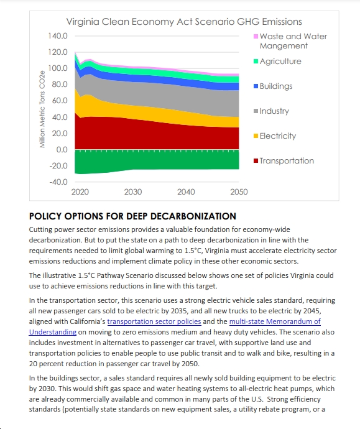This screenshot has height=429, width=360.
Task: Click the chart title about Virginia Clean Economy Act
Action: pyautogui.click(x=184, y=22)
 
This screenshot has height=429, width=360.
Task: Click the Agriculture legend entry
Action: pyautogui.click(x=277, y=62)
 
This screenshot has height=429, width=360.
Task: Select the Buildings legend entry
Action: pyautogui.click(x=273, y=86)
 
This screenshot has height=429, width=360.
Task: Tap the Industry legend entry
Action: pyautogui.click(x=271, y=111)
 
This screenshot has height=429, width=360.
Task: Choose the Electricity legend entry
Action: pyautogui.click(x=275, y=136)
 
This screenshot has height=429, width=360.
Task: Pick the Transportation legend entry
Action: pyautogui.click(x=284, y=160)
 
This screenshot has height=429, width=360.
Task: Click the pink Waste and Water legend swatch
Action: pyautogui.click(x=256, y=37)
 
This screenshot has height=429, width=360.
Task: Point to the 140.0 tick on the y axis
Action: pyautogui.click(x=58, y=36)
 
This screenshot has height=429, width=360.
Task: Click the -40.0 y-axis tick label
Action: pyautogui.click(x=58, y=182)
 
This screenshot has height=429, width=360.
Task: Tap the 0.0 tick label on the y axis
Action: pyautogui.click(x=62, y=150)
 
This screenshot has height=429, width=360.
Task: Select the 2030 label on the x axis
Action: pyautogui.click(x=133, y=191)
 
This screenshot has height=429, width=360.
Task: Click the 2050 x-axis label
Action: pyautogui.click(x=239, y=191)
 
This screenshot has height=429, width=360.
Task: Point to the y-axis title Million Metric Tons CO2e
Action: pyautogui.click(x=42, y=109)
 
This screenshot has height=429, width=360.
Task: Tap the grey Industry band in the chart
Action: pyautogui.click(x=164, y=96)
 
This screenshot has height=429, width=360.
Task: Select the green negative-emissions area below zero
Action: pyautogui.click(x=157, y=160)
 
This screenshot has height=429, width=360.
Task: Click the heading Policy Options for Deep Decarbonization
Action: pyautogui.click(x=132, y=216)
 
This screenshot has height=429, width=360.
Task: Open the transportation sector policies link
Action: pyautogui.click(x=154, y=321)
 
